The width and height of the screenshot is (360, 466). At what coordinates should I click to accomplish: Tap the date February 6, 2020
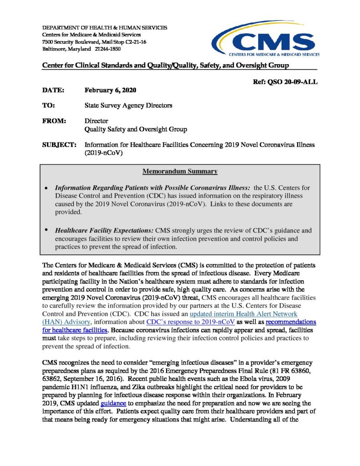pos(111,90)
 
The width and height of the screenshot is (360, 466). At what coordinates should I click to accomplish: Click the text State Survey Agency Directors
pos(129,106)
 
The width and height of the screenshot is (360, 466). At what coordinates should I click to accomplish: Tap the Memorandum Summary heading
pos(180,172)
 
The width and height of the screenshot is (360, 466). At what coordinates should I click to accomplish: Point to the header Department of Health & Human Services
pos(104,28)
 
